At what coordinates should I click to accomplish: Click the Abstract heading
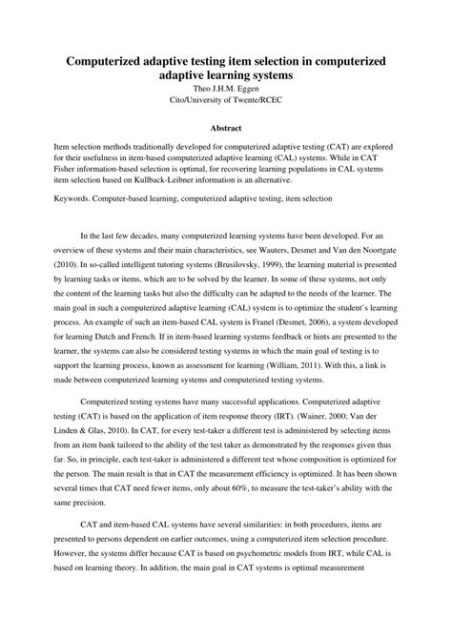(226, 127)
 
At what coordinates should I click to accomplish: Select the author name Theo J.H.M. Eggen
(226, 87)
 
